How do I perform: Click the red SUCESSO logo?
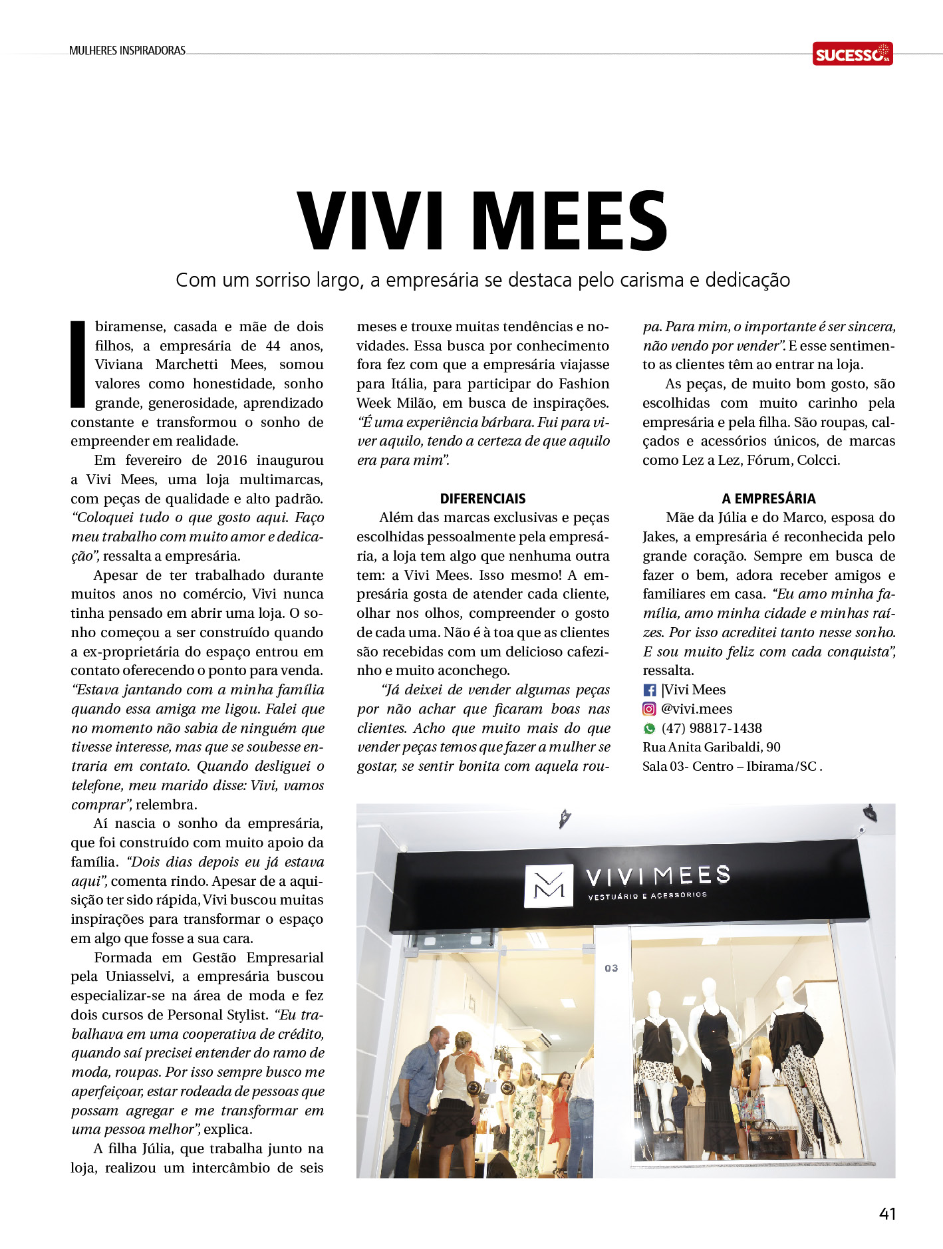[x=852, y=54]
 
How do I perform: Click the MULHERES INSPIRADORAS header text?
[x=127, y=51]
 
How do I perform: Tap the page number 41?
[x=887, y=1214]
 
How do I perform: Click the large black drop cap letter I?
[x=78, y=364]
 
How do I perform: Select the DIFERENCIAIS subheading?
[x=483, y=499]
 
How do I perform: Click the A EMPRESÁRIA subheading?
[x=769, y=499]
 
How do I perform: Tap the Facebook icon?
[x=650, y=690]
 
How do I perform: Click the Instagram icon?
[x=650, y=710]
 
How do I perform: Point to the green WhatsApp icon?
[x=650, y=729]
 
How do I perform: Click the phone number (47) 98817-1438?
[x=712, y=728]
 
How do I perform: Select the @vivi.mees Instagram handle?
[x=697, y=709]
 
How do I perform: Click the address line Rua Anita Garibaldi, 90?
[x=712, y=748]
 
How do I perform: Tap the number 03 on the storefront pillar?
[x=611, y=968]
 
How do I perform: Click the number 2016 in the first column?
[x=231, y=460]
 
